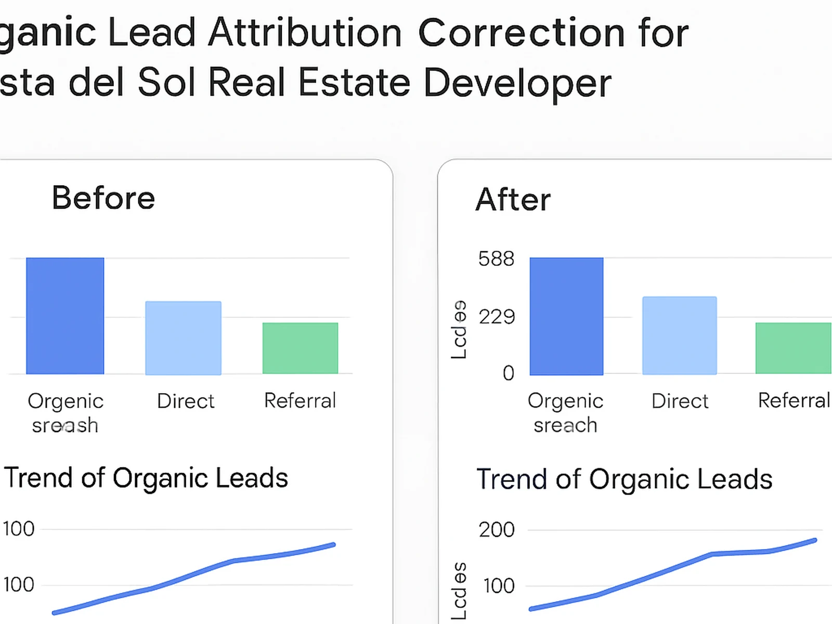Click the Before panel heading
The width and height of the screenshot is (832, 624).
(103, 198)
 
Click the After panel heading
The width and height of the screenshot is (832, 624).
(513, 200)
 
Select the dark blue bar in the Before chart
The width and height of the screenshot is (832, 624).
(65, 316)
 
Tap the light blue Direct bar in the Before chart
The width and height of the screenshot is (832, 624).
(183, 337)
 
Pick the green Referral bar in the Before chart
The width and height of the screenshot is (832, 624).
(300, 348)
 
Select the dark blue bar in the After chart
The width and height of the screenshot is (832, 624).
(566, 316)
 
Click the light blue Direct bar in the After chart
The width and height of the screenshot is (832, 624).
(679, 335)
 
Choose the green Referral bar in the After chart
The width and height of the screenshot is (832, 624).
(793, 348)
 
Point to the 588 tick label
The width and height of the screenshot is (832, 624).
(496, 259)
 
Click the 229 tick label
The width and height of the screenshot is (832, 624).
(497, 317)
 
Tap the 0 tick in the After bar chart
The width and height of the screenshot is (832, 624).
(508, 373)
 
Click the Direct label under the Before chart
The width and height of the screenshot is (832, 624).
(186, 401)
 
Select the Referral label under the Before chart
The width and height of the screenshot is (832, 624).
(300, 401)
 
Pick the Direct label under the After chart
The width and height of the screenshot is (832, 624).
(680, 401)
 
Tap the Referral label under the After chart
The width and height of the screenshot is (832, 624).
(794, 400)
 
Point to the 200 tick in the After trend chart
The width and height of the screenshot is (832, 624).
(497, 530)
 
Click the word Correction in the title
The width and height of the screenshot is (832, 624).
(521, 33)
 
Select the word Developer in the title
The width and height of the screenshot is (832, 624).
(517, 83)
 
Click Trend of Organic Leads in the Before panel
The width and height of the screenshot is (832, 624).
(146, 478)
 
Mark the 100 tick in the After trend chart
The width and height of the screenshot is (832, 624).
(499, 586)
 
